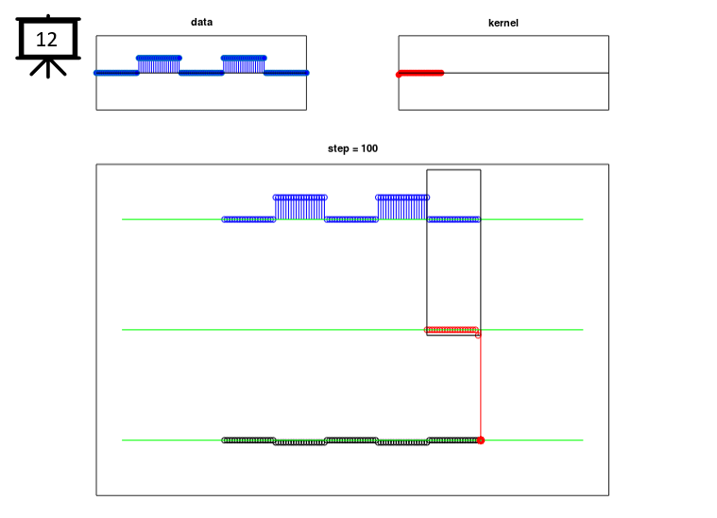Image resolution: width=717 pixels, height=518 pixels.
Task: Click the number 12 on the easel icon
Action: [x=46, y=40]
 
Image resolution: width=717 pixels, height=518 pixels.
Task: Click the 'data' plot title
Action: [x=201, y=22]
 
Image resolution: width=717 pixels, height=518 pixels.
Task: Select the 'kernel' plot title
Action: [x=503, y=23]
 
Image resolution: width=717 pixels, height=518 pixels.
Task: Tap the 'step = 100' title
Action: [x=352, y=148]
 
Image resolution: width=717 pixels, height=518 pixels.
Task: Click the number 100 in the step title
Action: [x=369, y=148]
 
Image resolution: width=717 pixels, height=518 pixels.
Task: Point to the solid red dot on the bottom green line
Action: [x=481, y=440]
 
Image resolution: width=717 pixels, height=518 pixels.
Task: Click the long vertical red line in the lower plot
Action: [x=481, y=388]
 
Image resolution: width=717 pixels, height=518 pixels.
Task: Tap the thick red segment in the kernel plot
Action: [x=420, y=73]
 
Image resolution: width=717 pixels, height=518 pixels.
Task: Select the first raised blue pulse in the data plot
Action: [x=159, y=64]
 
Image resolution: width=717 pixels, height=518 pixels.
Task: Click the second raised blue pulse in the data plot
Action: [x=244, y=64]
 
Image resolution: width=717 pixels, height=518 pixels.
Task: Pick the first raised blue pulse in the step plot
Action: [x=300, y=207]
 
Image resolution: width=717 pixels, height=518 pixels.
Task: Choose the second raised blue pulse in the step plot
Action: [x=402, y=207]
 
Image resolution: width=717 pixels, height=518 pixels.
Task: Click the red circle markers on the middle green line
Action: [x=452, y=330]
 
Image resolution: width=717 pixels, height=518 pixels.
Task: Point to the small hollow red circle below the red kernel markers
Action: [x=478, y=336]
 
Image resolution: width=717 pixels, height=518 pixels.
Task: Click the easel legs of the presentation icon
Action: [x=48, y=68]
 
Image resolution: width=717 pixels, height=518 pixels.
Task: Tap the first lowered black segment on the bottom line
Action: [x=300, y=442]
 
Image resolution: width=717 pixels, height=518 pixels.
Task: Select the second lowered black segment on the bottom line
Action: [x=402, y=442]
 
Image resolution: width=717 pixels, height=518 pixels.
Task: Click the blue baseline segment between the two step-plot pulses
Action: [x=351, y=219]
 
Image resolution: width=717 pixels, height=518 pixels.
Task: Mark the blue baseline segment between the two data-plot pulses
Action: [x=201, y=73]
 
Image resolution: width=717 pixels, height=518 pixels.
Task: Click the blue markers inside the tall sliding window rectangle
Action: [x=453, y=219]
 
